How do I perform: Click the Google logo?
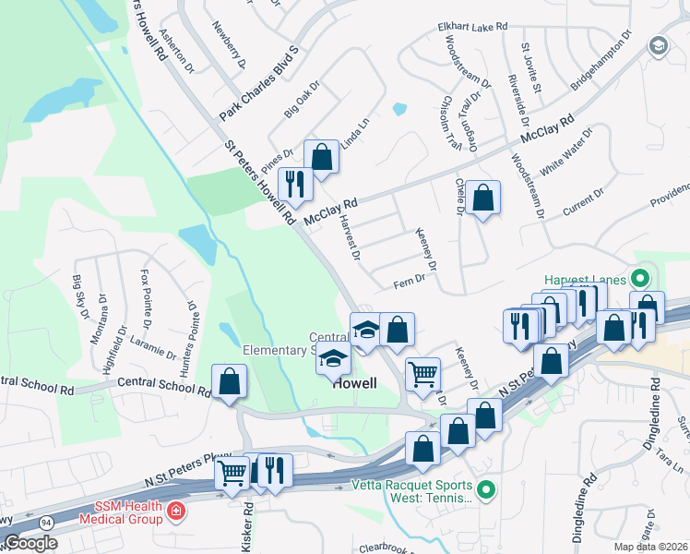(x=30, y=543)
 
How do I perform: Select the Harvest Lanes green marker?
(x=638, y=278)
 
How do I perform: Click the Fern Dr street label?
(x=409, y=281)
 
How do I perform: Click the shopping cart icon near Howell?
(x=422, y=374)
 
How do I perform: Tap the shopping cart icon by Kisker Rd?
(x=232, y=472)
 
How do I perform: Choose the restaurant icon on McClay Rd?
(x=295, y=184)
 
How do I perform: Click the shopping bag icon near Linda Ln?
(x=322, y=156)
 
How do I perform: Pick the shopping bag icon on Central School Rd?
(x=229, y=381)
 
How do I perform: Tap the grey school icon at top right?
(x=659, y=45)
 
